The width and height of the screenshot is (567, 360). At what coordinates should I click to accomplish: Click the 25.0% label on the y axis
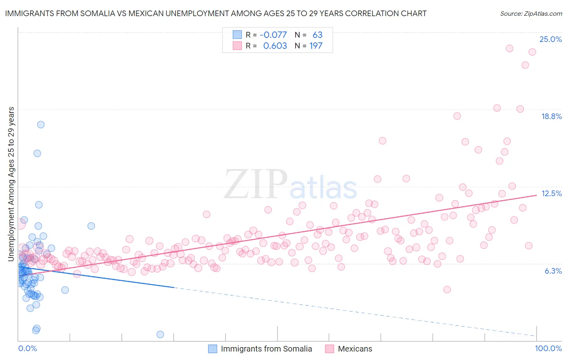pyautogui.click(x=550, y=39)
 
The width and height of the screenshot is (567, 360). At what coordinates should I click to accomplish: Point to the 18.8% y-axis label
pyautogui.click(x=551, y=116)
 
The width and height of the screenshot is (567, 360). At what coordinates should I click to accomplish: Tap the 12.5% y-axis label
pyautogui.click(x=551, y=193)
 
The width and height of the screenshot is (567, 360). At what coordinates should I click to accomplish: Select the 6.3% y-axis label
pyautogui.click(x=553, y=271)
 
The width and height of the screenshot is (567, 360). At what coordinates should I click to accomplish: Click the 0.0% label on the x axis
pyautogui.click(x=27, y=348)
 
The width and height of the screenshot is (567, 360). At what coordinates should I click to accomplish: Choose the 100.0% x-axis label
pyautogui.click(x=548, y=348)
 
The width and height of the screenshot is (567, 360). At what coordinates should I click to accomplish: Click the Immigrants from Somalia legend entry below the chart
pyautogui.click(x=266, y=349)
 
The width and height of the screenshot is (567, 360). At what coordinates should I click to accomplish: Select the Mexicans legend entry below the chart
pyautogui.click(x=355, y=349)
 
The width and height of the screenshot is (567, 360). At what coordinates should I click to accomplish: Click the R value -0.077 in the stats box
pyautogui.click(x=273, y=35)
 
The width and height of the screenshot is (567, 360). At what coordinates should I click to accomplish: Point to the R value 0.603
pyautogui.click(x=275, y=46)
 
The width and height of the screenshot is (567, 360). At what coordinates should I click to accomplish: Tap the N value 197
pyautogui.click(x=316, y=46)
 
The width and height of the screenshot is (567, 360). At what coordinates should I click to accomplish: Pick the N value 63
pyautogui.click(x=317, y=35)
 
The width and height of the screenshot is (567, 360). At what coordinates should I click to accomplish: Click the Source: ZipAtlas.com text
pyautogui.click(x=531, y=13)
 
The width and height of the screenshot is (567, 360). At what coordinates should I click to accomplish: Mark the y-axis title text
pyautogui.click(x=11, y=184)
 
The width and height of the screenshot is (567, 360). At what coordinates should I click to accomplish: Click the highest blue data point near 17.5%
pyautogui.click(x=41, y=124)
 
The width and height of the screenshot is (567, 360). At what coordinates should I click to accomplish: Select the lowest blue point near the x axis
pyautogui.click(x=160, y=334)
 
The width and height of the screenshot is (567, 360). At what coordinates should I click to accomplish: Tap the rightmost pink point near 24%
pyautogui.click(x=532, y=52)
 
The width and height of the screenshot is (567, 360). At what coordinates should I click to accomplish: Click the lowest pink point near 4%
pyautogui.click(x=447, y=289)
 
